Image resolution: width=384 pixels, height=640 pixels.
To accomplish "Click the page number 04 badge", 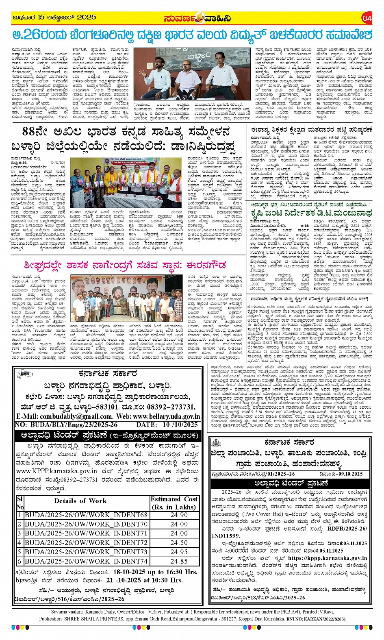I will coord(367,18).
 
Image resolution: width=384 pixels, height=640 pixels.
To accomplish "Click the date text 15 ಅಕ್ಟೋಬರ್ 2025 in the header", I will coord(66,17).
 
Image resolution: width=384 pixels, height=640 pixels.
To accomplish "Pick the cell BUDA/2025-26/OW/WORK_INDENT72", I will coord(86,543).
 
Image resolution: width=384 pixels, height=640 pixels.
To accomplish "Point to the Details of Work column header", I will coord(80,501).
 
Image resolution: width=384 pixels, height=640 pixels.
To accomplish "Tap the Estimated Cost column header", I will coord(174,503).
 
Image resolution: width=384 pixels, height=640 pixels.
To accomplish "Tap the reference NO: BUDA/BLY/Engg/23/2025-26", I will coord(66,424).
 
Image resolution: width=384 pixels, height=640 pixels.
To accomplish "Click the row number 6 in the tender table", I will coord(19,561).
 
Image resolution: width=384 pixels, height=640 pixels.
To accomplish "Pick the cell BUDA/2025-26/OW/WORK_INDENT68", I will coord(86,515).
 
